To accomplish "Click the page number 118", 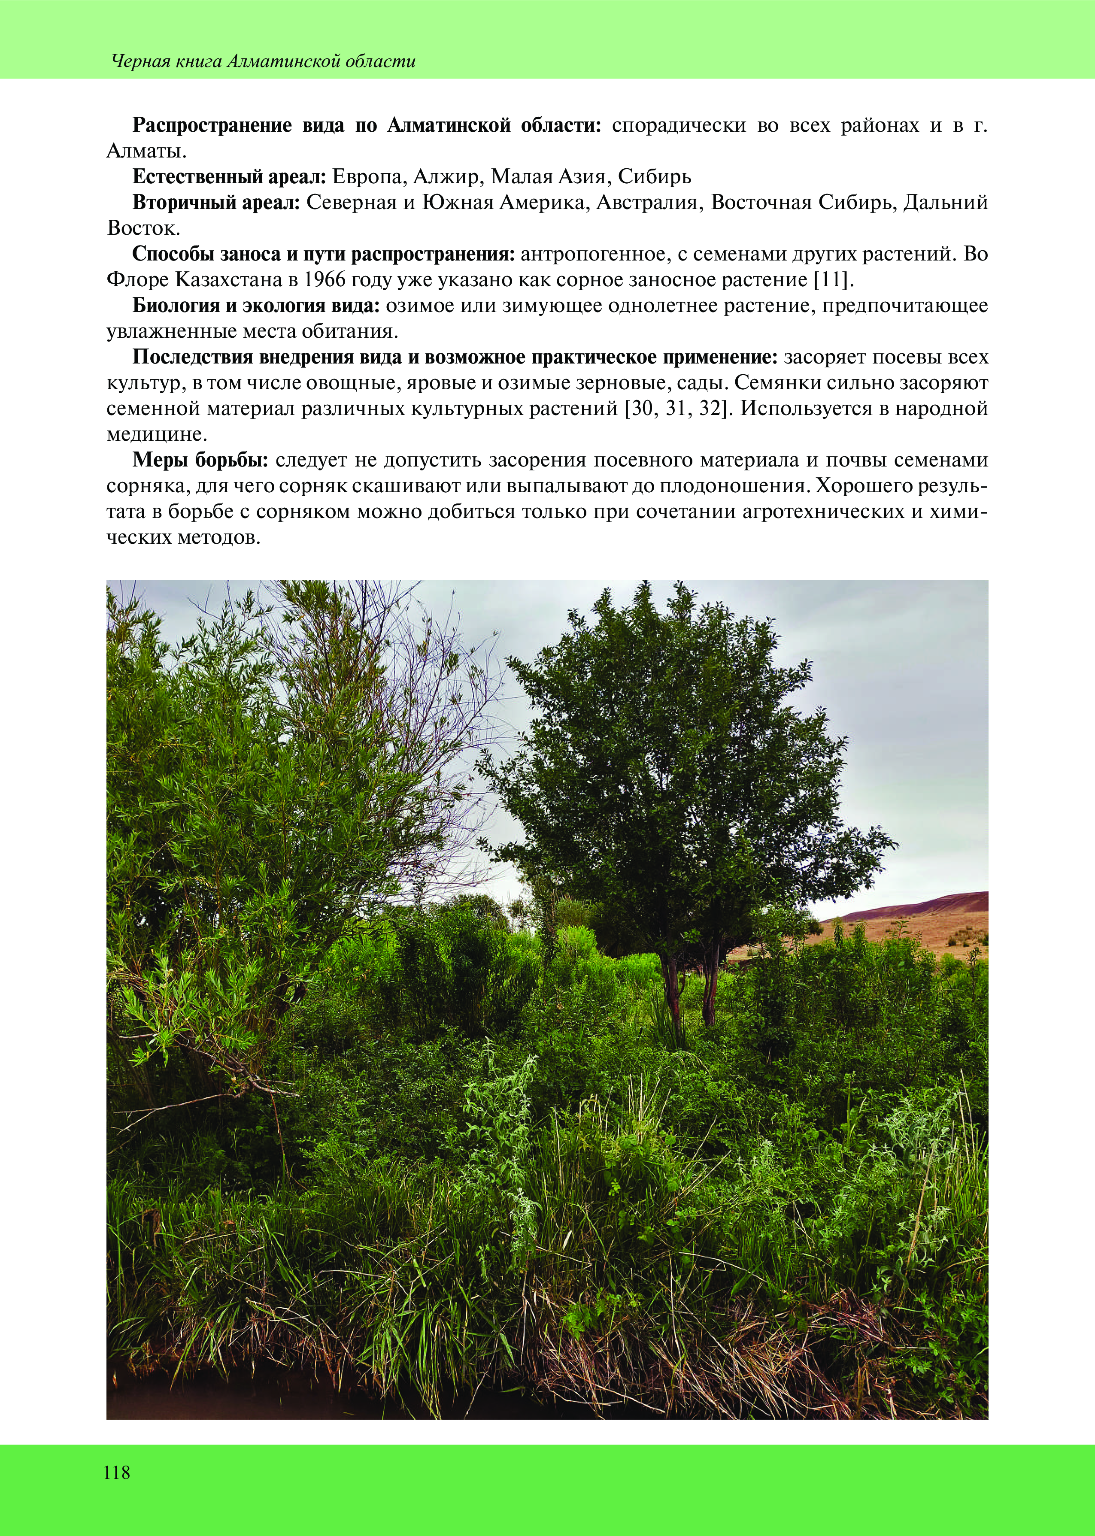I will pyautogui.click(x=117, y=1472).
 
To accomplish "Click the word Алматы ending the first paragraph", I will pyautogui.click(x=146, y=151).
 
